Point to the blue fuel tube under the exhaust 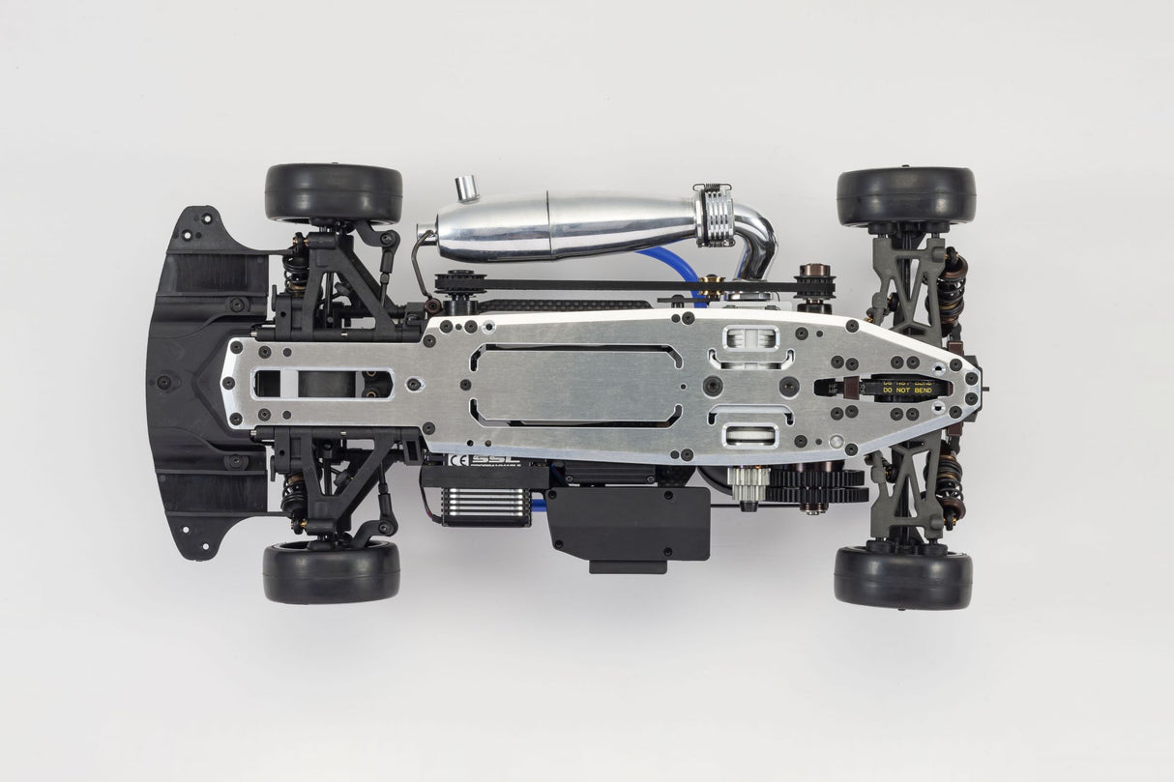click(667, 261)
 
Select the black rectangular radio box click(629, 527)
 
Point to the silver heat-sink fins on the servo click(485, 505)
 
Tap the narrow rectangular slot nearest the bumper click(323, 384)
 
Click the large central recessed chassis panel click(576, 384)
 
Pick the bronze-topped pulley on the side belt click(814, 281)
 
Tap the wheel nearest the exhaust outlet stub click(334, 192)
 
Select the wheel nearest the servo click(331, 570)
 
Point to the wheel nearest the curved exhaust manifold click(906, 196)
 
